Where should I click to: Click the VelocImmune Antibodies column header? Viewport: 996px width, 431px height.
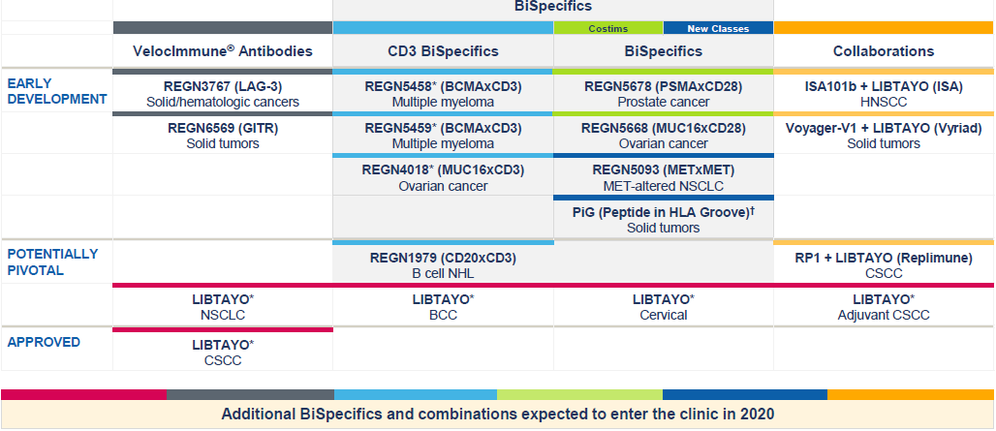point(222,50)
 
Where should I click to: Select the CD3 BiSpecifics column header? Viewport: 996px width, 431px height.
point(443,50)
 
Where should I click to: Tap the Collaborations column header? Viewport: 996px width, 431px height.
point(883,50)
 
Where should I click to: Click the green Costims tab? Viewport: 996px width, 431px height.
point(607,29)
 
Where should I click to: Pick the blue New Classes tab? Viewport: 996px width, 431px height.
point(718,29)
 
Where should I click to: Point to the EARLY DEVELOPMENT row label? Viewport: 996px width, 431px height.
point(56,91)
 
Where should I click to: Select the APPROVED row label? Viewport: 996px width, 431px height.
point(44,342)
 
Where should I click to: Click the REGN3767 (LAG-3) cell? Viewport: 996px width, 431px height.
point(222,93)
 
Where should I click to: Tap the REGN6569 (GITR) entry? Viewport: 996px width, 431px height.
point(222,135)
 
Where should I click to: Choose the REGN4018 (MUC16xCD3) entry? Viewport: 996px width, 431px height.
point(443,177)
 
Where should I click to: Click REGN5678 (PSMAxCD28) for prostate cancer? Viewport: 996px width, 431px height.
point(663,93)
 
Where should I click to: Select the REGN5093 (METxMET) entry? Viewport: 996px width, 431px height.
point(663,177)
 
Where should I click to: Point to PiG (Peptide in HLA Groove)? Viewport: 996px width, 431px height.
point(663,219)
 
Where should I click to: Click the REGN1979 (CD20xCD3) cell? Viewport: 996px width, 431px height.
point(443,265)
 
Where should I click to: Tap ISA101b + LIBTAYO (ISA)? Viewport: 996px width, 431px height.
point(883,93)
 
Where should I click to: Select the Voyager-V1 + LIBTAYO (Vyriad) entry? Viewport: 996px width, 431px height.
point(883,135)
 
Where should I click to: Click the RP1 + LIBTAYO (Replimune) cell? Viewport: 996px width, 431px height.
point(883,265)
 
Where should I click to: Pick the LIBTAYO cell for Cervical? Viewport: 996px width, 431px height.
point(663,306)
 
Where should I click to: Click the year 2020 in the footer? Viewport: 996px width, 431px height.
point(757,414)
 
